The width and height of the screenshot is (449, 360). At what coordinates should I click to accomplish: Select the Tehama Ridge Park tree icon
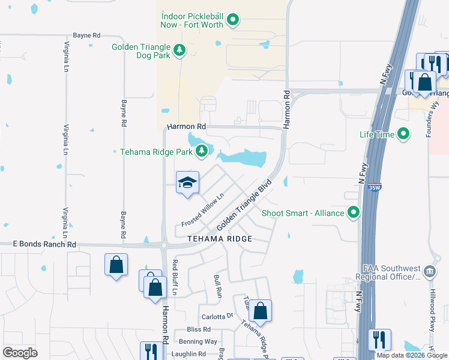click(202, 151)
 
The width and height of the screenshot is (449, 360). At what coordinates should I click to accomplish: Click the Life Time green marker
click(403, 134)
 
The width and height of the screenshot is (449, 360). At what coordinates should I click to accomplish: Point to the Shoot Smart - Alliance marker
click(354, 212)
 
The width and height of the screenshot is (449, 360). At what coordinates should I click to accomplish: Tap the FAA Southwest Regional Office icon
click(430, 271)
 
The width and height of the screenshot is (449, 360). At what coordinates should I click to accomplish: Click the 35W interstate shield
click(374, 187)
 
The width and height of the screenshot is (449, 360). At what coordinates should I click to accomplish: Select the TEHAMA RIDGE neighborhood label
click(219, 238)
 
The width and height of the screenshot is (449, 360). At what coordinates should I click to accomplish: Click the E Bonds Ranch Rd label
click(45, 244)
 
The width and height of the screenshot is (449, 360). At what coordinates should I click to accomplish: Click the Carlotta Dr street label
click(217, 316)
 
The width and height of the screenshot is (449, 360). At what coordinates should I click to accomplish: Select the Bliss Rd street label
click(199, 329)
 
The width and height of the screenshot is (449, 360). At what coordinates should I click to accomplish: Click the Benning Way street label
click(197, 341)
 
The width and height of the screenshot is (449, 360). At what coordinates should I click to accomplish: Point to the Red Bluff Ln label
click(175, 278)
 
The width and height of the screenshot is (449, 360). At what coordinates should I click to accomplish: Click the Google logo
click(20, 353)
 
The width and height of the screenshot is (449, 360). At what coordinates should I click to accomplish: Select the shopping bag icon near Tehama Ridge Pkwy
click(260, 311)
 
